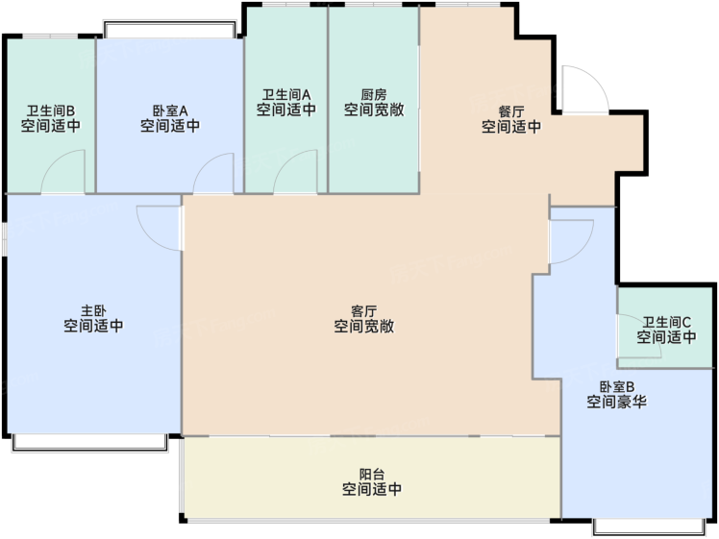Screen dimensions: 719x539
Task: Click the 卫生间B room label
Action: pos(50,110)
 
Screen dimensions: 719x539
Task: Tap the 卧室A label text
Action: pos(170,110)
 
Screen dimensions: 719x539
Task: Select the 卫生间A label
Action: pos(286,95)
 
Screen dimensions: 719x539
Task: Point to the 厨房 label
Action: pos(374,95)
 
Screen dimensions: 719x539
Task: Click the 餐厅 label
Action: pos(511,111)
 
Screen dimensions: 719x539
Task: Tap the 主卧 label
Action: pos(93,310)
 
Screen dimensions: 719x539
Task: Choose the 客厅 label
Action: pos(363,311)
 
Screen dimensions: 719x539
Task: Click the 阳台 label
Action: pos(372,474)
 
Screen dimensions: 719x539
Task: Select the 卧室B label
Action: pos(617,386)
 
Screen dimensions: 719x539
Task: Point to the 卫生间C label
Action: pos(666,322)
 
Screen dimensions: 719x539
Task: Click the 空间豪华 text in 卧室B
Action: pos(617,402)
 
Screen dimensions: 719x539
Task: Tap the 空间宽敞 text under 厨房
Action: pos(374,110)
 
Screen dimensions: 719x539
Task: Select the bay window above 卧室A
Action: pos(170,29)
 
